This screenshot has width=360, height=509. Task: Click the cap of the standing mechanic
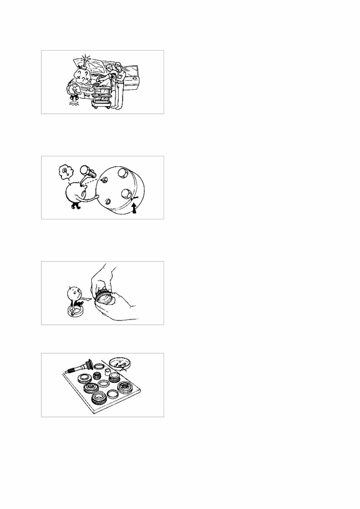(118, 64)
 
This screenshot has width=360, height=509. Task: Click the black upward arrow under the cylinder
(134, 208)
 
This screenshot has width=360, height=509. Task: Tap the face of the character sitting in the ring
(74, 294)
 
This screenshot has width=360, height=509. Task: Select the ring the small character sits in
(76, 311)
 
